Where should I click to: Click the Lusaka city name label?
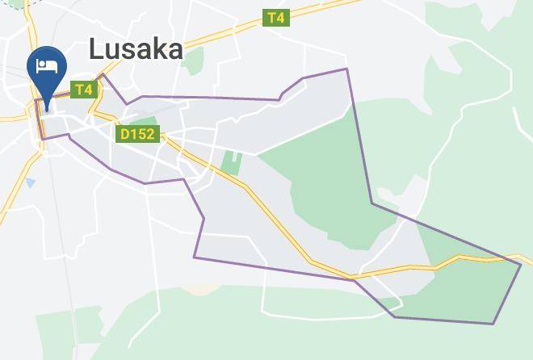point(136,49)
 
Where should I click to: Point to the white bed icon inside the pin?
point(47,65)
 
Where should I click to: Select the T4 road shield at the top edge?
point(275,18)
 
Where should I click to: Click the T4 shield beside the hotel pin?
point(84,90)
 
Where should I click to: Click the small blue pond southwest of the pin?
point(30,183)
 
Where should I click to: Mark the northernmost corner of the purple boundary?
point(347,69)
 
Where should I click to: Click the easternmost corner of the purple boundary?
point(521,263)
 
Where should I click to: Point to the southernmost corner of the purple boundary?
point(493,324)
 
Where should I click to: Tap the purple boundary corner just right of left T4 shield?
point(103,75)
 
